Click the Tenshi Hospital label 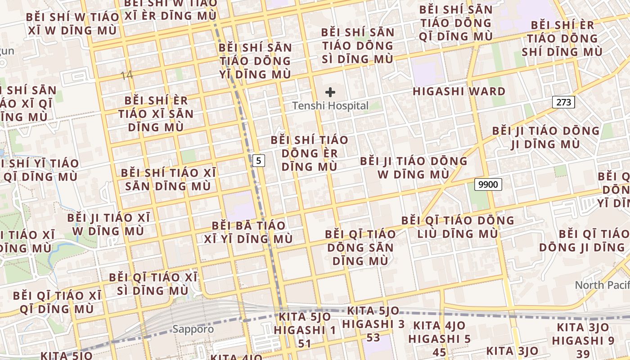coord(330,106)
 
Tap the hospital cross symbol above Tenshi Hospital coord(330,93)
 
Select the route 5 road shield coord(258,160)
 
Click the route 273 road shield coord(563,102)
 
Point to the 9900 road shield coord(488,184)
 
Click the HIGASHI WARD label coord(459,92)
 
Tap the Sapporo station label coord(193,329)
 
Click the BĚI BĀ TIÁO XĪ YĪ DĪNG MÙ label coord(248,232)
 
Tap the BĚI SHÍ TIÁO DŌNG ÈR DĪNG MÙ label coord(310,153)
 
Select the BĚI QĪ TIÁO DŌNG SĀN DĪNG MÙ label coord(360,247)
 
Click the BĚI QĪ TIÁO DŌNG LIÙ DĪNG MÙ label coord(458,227)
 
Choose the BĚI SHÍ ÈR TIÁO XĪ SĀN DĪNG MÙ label coord(156,113)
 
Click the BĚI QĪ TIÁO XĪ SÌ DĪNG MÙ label coord(153,283)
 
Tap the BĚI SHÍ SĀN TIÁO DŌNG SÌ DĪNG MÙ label coord(358,45)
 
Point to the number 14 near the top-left coord(127,75)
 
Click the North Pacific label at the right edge coord(602,285)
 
